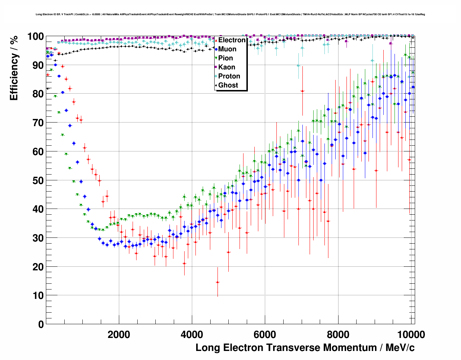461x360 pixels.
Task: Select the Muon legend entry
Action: (x=227, y=49)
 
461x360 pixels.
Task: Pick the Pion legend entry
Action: (x=225, y=58)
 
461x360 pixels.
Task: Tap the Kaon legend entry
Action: (x=227, y=67)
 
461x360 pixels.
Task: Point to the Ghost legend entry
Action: (x=228, y=85)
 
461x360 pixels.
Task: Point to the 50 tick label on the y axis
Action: (x=38, y=180)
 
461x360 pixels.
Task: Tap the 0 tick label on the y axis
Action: (x=41, y=324)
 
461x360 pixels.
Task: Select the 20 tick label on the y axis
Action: (x=38, y=267)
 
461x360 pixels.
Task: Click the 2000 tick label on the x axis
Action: (x=119, y=335)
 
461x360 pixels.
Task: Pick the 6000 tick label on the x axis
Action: (x=265, y=335)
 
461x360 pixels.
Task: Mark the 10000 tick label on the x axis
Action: (x=410, y=335)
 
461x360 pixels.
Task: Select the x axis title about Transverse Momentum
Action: (x=305, y=348)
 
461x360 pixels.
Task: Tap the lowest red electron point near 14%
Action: (x=217, y=282)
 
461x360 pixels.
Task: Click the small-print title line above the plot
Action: (x=230, y=14)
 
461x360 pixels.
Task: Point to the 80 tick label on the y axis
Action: (x=38, y=94)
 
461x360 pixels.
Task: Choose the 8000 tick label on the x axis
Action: (x=338, y=335)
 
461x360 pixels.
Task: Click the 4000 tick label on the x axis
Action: (x=192, y=335)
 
